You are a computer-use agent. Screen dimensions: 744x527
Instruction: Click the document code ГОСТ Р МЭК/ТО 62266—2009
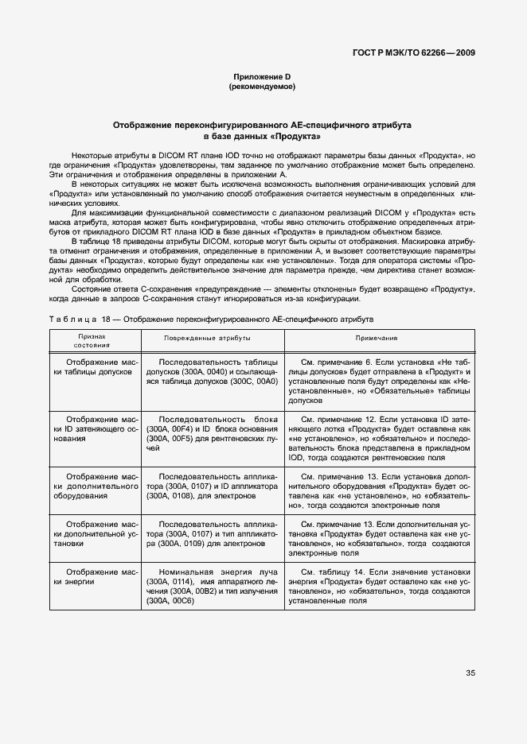pos(414,53)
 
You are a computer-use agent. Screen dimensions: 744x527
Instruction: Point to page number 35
pos(470,673)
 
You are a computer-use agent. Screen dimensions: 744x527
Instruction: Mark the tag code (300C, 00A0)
pos(251,382)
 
